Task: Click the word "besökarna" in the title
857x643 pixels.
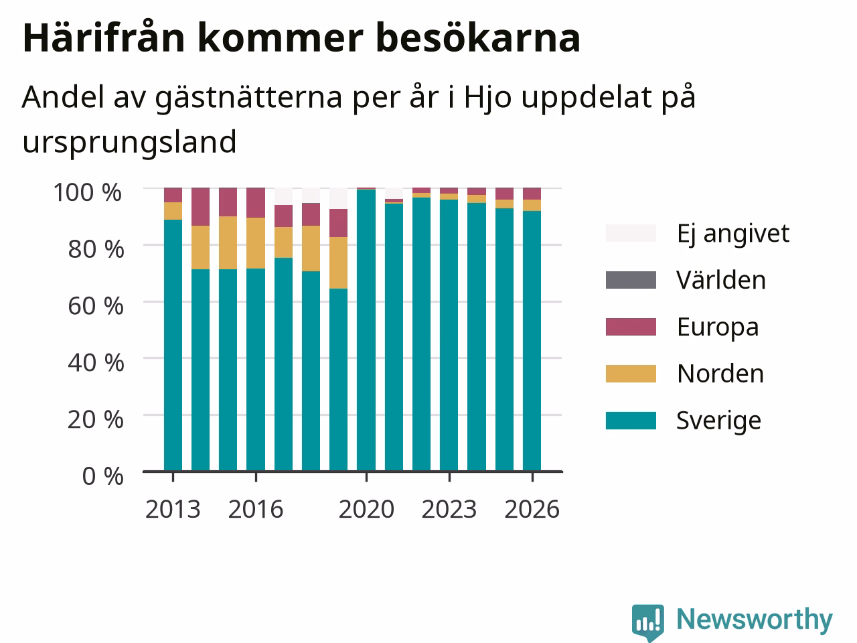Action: tap(478, 38)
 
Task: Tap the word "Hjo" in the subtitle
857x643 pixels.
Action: tap(487, 98)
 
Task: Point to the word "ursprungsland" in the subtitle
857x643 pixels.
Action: tap(130, 143)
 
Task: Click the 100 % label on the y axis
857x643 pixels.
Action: tap(88, 192)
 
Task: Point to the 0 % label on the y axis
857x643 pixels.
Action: tap(103, 476)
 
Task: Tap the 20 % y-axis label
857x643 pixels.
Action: tap(96, 420)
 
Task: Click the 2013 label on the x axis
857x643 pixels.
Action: tap(173, 509)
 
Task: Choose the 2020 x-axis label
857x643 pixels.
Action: tap(366, 509)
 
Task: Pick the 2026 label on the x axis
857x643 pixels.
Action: tap(532, 509)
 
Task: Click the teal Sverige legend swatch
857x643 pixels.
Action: tap(631, 421)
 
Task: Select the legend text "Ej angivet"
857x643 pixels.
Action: tap(733, 234)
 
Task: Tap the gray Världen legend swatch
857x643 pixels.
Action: tap(631, 280)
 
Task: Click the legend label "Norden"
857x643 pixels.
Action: tap(720, 374)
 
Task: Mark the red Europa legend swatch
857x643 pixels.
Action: tap(631, 327)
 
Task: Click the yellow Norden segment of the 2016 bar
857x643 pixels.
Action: tap(256, 243)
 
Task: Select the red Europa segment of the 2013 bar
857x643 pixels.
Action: tap(173, 195)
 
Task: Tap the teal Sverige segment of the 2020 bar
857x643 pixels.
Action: tap(366, 330)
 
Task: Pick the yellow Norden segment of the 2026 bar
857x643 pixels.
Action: tap(532, 206)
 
